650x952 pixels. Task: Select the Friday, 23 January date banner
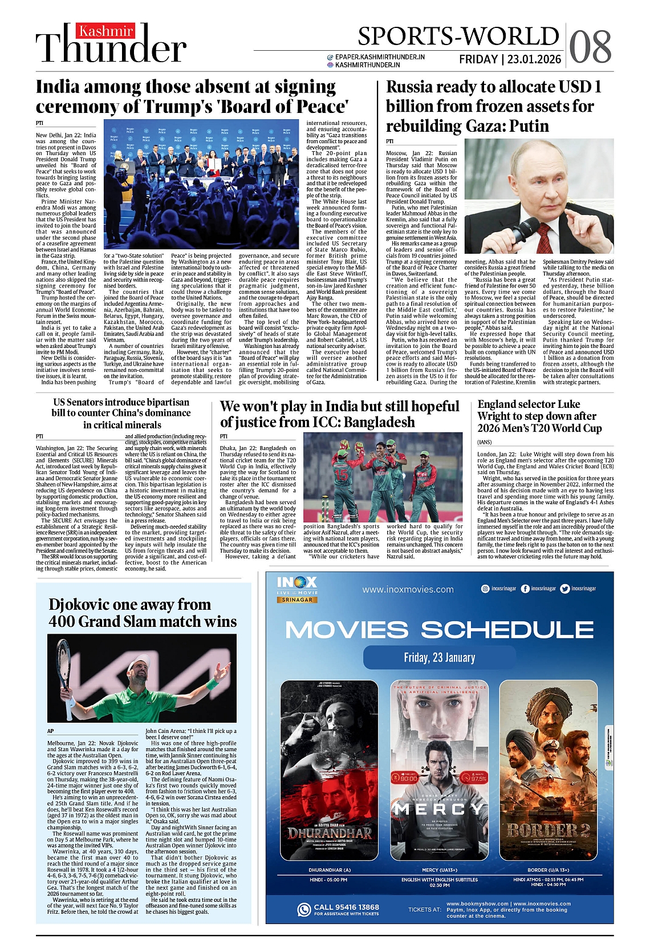pos(439,657)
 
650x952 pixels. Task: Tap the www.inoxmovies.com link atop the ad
pos(408,589)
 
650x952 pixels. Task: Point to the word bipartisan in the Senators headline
pos(160,402)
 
